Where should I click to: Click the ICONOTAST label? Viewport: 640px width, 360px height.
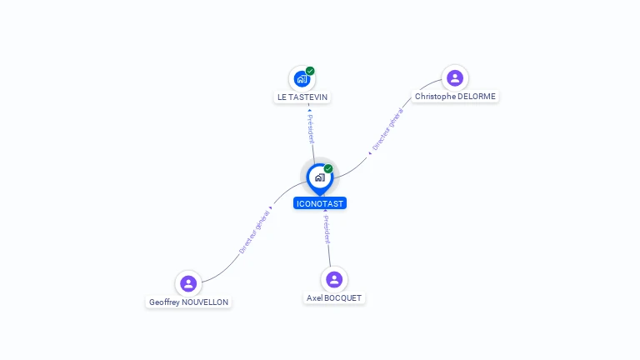coord(320,203)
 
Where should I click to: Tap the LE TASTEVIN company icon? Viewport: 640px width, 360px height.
coord(302,79)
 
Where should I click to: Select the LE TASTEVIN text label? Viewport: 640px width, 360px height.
coord(302,97)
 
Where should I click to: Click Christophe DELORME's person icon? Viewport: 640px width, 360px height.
coord(455,78)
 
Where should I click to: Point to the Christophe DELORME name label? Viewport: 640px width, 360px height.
coord(455,97)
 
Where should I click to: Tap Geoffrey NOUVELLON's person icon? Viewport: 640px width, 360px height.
coord(188,283)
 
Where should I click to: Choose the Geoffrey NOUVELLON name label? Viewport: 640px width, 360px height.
coord(188,302)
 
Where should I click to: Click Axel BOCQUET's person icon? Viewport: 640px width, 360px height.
coord(334,280)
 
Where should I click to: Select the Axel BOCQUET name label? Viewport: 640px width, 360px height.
coord(334,298)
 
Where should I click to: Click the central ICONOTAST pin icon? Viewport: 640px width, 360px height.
coord(320,178)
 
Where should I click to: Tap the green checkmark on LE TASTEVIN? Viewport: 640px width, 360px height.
coord(310,71)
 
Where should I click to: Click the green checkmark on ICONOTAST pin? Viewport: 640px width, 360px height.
coord(328,168)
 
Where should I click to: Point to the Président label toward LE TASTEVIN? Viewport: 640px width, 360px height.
coord(311,129)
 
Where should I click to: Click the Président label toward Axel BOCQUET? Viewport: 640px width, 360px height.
coord(327,229)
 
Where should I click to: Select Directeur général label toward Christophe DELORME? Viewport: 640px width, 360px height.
coord(387,129)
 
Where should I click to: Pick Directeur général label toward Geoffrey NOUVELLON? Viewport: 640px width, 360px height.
coord(254,232)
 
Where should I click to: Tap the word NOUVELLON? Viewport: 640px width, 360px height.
coord(205,302)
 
